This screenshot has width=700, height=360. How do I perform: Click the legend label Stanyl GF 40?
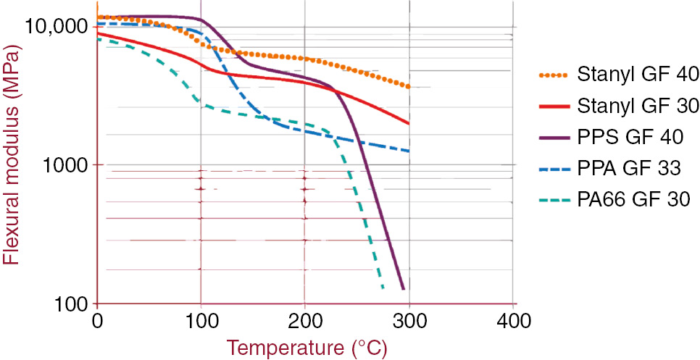[638, 75]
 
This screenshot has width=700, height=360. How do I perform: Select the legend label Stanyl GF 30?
[638, 106]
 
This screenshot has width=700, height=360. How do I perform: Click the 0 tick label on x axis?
[96, 319]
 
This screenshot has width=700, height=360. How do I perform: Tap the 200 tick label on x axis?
[305, 319]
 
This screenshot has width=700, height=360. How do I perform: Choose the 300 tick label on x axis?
[409, 319]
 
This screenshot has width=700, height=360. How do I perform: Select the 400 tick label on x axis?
[514, 319]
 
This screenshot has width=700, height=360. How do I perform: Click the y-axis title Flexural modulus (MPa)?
[12, 164]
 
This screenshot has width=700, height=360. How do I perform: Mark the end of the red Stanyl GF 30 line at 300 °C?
[409, 123]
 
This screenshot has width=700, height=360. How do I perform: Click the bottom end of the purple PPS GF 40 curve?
[403, 289]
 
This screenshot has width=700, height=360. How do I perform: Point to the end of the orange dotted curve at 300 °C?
[409, 87]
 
